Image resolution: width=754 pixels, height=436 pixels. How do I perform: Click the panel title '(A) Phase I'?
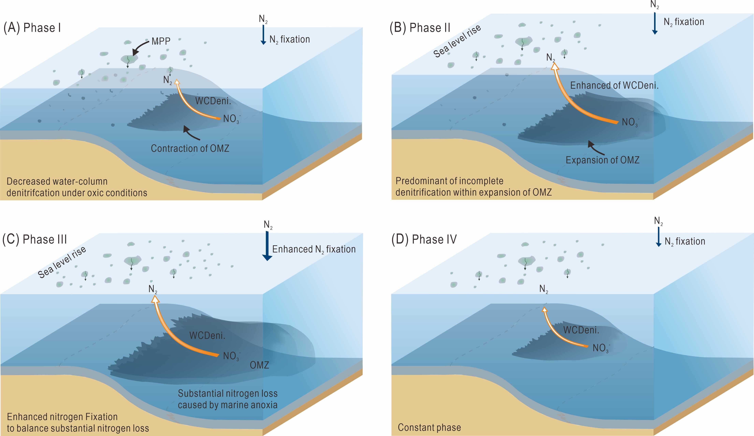tap(32, 28)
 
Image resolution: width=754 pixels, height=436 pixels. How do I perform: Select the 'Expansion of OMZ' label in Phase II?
tap(602, 160)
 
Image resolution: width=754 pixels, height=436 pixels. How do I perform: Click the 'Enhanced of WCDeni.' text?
tap(614, 86)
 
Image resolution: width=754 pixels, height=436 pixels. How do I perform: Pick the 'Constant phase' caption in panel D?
tap(429, 427)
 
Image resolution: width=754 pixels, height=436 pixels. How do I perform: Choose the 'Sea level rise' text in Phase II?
tap(457, 41)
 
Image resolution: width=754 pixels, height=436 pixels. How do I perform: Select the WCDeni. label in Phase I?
tap(213, 101)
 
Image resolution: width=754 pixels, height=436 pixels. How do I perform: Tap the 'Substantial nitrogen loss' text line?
tap(228, 393)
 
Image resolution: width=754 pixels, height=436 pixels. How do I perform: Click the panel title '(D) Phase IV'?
tap(424, 239)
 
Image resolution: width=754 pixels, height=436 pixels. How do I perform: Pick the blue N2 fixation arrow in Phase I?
tap(263, 34)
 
